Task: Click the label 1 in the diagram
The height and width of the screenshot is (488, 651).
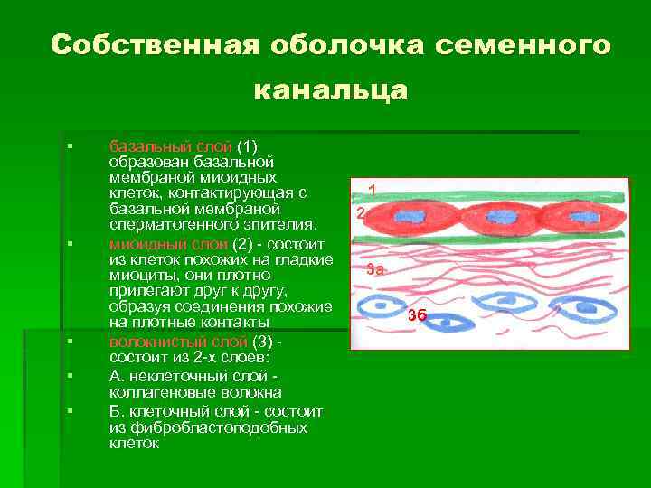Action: [371, 190]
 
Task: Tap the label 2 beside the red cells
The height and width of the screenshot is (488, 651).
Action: [359, 213]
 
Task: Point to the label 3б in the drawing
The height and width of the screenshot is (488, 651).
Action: [417, 314]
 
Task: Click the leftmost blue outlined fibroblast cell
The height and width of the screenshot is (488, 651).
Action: [387, 305]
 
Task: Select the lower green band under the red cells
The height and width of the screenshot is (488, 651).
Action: [488, 237]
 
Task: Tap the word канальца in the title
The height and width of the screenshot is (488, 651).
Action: [331, 90]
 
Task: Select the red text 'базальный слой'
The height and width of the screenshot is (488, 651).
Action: [170, 146]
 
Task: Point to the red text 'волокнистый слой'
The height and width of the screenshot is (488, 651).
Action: [177, 342]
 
